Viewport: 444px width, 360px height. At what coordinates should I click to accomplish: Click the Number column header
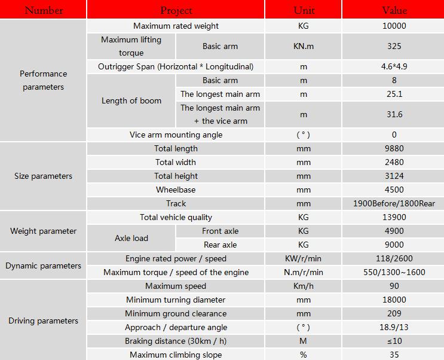[43, 10]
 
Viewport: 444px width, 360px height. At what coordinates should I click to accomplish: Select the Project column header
[176, 10]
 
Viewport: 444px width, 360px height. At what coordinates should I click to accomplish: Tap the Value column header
[394, 10]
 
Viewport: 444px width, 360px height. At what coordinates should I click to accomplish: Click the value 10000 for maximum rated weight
[394, 26]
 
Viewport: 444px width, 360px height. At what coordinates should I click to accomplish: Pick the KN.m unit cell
[304, 46]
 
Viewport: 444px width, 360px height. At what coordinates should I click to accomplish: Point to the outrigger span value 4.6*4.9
[394, 66]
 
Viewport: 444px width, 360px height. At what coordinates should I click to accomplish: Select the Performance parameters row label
[43, 80]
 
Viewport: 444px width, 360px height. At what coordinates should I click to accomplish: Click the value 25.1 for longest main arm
[394, 94]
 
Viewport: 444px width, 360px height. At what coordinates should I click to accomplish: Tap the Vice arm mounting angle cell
[176, 135]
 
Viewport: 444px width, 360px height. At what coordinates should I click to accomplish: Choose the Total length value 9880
[394, 148]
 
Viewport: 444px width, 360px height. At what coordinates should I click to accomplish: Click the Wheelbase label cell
[176, 190]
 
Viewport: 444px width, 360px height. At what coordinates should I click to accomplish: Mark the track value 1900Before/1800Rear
[394, 203]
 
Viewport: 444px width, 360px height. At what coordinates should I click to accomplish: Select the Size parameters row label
[43, 176]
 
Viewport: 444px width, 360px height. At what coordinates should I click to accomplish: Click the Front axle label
[220, 231]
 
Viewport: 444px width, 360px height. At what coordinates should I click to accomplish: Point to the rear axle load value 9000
[394, 245]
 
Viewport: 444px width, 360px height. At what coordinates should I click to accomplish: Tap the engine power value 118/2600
[394, 258]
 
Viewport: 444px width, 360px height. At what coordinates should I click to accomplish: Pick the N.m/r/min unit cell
[304, 272]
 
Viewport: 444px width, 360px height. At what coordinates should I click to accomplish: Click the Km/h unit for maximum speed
[304, 286]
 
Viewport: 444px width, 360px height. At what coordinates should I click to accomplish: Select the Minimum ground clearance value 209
[394, 313]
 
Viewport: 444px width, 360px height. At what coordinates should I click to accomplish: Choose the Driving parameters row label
[43, 321]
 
